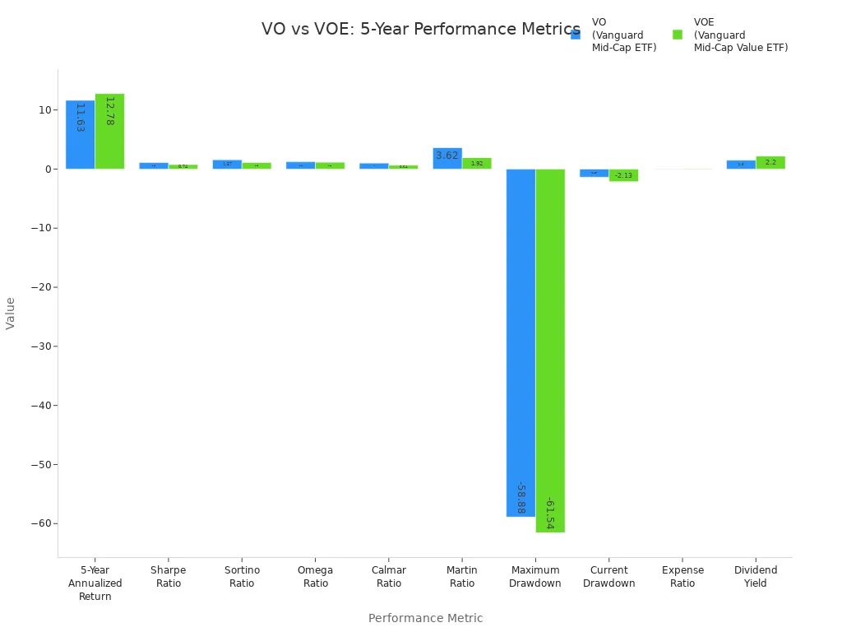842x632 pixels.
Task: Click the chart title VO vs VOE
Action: click(x=420, y=30)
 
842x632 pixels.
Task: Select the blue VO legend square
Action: click(x=576, y=35)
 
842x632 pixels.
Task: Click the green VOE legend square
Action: click(x=678, y=35)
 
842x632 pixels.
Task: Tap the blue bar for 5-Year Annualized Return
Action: click(x=80, y=135)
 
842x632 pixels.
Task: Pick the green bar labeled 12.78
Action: click(x=109, y=132)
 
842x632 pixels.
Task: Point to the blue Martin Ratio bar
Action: click(x=447, y=159)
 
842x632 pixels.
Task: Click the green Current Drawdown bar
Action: click(x=623, y=175)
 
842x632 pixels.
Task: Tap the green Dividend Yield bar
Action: click(x=770, y=163)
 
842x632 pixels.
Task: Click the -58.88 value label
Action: click(x=520, y=497)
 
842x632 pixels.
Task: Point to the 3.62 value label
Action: click(x=447, y=156)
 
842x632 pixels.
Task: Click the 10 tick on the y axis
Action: click(x=45, y=110)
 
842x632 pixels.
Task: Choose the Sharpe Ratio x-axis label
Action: click(x=168, y=577)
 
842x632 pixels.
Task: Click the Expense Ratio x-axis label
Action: click(x=682, y=577)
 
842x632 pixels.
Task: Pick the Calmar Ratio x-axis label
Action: click(x=389, y=577)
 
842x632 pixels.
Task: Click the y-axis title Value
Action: click(x=11, y=313)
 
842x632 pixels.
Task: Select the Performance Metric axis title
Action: click(x=425, y=618)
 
